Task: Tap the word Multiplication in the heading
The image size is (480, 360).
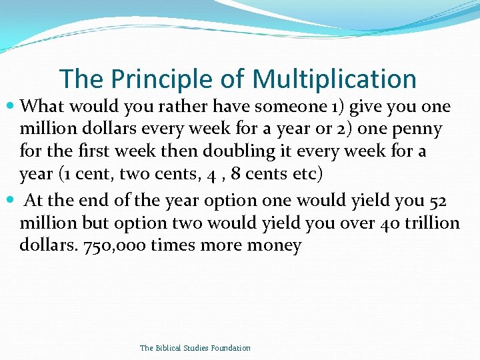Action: [x=335, y=79]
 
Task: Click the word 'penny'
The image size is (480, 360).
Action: [x=419, y=129]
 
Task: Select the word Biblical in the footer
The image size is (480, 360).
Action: [x=169, y=348]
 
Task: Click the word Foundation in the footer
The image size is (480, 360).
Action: [x=231, y=348]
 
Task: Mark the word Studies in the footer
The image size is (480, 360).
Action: [x=197, y=348]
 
